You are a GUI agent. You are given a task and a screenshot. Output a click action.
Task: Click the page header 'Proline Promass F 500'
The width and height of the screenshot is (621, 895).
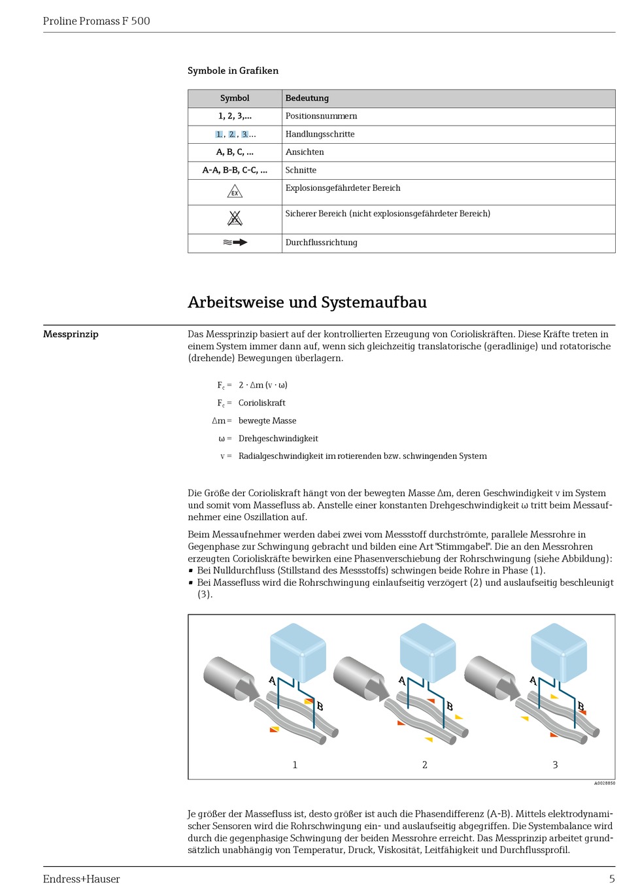(96, 21)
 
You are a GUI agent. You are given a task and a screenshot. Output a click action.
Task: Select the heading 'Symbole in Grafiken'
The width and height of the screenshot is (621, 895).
(233, 71)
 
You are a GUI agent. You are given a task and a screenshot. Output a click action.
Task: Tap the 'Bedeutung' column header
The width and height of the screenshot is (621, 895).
(307, 98)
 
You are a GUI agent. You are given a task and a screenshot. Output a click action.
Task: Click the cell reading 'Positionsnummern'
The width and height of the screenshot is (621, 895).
(321, 116)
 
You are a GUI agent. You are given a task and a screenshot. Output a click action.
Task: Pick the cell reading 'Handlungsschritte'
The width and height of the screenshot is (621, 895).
(320, 134)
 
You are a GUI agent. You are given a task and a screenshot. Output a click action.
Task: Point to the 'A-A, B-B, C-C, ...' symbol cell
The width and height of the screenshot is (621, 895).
(235, 170)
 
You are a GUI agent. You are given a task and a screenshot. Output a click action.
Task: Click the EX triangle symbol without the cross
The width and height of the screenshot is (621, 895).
(235, 192)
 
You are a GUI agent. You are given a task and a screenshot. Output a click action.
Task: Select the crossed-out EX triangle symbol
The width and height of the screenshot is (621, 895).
(235, 218)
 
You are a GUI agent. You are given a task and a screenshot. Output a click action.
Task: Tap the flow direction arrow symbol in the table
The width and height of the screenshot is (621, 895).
(235, 243)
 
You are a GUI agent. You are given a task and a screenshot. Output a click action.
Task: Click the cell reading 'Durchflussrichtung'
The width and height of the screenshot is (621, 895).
(321, 243)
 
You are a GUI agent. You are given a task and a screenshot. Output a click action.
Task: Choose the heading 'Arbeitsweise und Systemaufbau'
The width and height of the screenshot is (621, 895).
(307, 302)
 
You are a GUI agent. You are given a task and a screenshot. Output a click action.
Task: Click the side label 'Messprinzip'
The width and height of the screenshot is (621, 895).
(71, 334)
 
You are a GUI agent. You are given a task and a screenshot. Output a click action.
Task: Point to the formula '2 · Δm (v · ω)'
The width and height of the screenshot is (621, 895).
(263, 385)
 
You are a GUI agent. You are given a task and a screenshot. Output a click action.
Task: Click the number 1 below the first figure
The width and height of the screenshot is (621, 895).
(295, 764)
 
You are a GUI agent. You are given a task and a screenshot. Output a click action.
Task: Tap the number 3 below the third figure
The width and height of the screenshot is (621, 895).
(555, 764)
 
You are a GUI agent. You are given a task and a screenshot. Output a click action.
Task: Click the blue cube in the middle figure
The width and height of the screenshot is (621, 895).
(428, 650)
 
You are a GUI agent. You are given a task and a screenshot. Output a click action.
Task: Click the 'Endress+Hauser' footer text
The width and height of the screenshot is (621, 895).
(81, 879)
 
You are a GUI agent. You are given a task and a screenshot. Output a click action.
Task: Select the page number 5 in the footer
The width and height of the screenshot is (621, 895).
(612, 879)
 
